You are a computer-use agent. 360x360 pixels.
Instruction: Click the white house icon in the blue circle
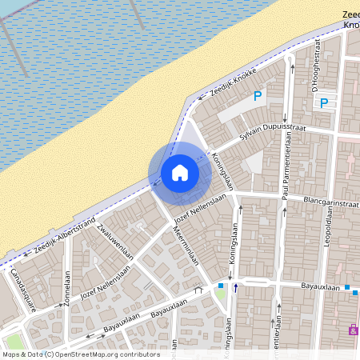[x=180, y=173]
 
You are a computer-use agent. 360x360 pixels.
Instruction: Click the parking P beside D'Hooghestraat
[x=324, y=102]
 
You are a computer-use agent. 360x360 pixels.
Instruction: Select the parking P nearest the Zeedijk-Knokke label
[x=258, y=96]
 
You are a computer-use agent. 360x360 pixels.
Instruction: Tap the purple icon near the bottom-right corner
[x=353, y=330]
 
